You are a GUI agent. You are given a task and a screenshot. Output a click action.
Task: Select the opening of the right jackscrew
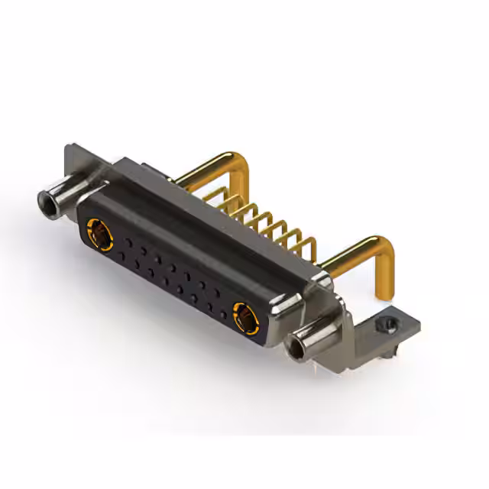coord(296,350)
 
